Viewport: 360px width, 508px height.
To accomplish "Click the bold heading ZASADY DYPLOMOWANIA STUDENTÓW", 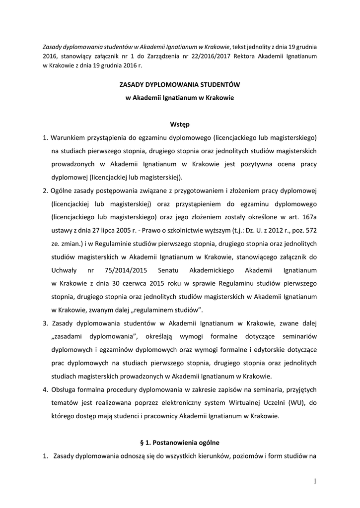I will (180, 85).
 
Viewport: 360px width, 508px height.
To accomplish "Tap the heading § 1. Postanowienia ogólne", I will (180, 442).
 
